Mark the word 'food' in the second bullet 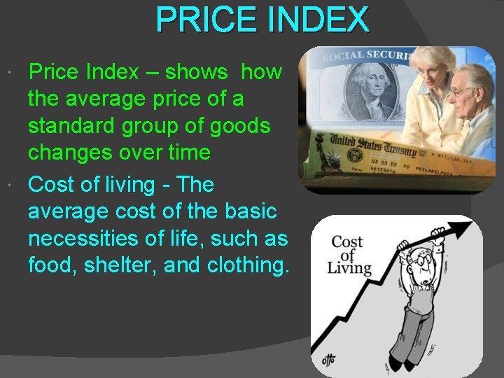pos(51,266)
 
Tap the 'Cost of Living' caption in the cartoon pos(351,254)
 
